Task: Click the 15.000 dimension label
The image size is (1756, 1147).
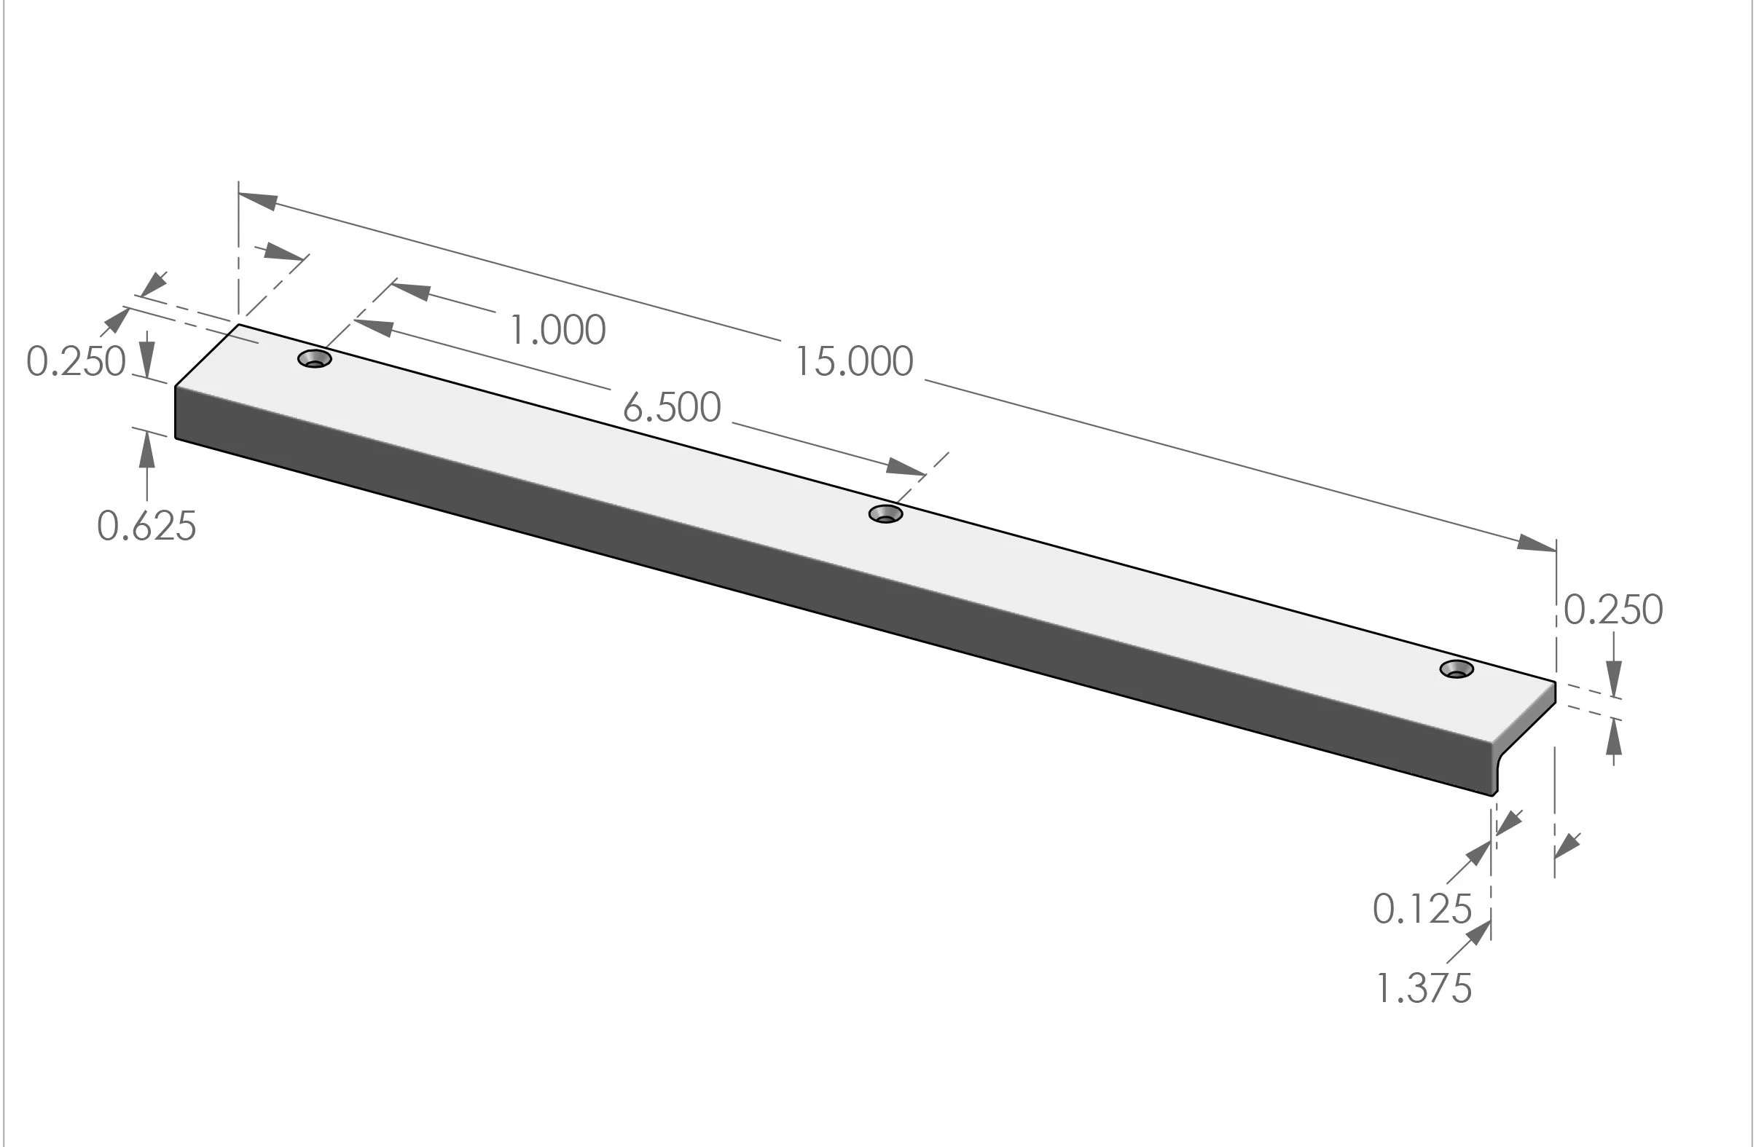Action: pyautogui.click(x=854, y=362)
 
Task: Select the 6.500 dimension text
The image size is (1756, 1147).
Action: pyautogui.click(x=671, y=408)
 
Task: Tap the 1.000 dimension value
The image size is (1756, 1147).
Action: pyautogui.click(x=558, y=330)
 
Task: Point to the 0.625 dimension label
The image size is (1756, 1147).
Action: pyautogui.click(x=147, y=527)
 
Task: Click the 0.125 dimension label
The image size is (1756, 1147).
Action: pyautogui.click(x=1422, y=909)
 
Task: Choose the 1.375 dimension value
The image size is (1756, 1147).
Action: pyautogui.click(x=1424, y=988)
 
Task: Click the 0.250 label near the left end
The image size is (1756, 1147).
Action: pyautogui.click(x=76, y=362)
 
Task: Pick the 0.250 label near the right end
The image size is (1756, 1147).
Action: pyautogui.click(x=1613, y=610)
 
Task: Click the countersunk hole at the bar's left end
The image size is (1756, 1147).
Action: pyautogui.click(x=315, y=359)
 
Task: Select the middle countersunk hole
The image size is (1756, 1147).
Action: pyautogui.click(x=885, y=514)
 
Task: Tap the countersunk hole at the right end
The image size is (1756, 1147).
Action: pyautogui.click(x=1457, y=669)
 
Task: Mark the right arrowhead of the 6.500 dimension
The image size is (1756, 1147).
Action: pyautogui.click(x=905, y=467)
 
